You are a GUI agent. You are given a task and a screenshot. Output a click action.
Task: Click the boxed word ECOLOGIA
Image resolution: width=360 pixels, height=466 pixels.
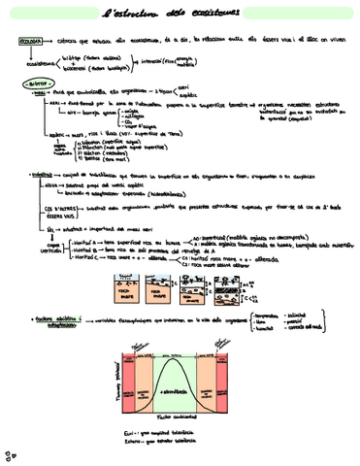coord(31,44)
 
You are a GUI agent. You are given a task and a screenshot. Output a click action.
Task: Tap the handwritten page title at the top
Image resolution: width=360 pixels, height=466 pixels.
coord(180,14)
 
